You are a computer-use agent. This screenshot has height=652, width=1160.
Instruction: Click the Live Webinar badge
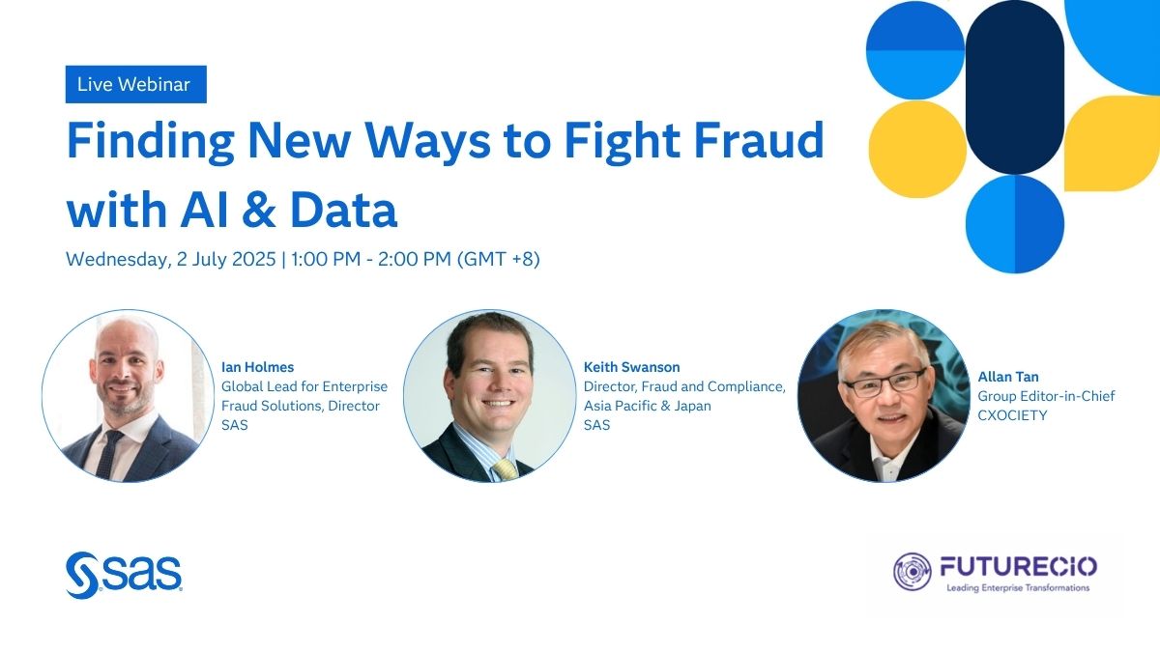pyautogui.click(x=134, y=84)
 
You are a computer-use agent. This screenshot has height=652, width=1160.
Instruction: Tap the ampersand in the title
pyautogui.click(x=255, y=209)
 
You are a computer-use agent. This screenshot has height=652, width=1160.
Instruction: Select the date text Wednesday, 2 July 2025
pyautogui.click(x=170, y=260)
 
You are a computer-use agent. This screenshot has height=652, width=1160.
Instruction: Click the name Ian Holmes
pyautogui.click(x=257, y=367)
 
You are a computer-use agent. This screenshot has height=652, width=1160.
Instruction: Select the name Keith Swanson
pyautogui.click(x=633, y=367)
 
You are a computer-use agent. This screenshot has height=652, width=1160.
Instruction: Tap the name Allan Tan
pyautogui.click(x=1008, y=377)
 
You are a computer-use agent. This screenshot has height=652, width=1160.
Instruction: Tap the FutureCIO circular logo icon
pyautogui.click(x=913, y=572)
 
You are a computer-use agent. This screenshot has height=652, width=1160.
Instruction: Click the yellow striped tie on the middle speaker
pyautogui.click(x=504, y=468)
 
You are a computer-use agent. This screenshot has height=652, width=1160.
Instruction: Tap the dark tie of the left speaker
pyautogui.click(x=109, y=454)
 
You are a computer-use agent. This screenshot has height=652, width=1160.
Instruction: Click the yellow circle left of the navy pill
pyautogui.click(x=916, y=150)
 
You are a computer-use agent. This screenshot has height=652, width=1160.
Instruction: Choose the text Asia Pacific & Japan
pyautogui.click(x=647, y=406)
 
